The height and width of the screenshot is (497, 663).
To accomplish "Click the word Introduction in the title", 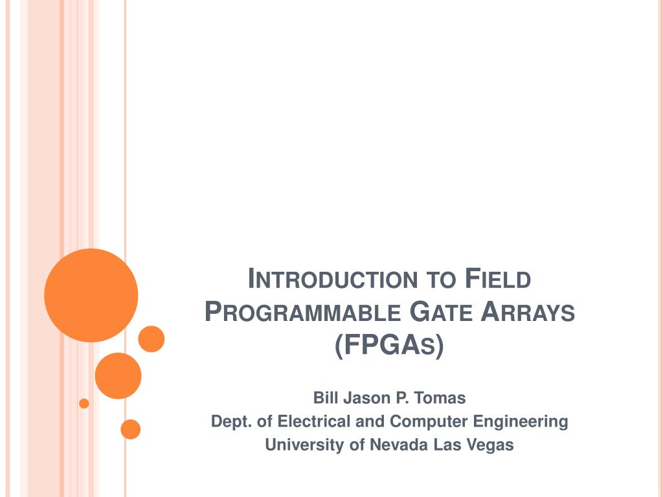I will click(x=332, y=280).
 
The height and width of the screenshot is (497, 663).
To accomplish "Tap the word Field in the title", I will click(x=498, y=280).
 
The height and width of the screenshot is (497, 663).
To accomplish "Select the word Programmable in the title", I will click(x=302, y=313).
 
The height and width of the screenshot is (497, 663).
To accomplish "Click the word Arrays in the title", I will click(x=528, y=313).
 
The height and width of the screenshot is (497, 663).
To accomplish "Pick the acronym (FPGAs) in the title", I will click(x=390, y=346).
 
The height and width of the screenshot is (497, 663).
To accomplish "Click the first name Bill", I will click(x=324, y=397).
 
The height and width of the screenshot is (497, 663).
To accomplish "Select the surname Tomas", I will click(x=442, y=397).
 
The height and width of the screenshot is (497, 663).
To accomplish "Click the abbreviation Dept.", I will click(x=231, y=422).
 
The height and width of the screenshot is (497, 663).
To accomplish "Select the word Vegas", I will click(x=489, y=445).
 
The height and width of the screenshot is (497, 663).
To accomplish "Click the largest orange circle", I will click(x=91, y=295).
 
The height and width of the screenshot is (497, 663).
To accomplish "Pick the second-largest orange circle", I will click(x=118, y=376).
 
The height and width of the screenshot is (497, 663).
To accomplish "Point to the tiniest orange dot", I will click(x=84, y=404).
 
